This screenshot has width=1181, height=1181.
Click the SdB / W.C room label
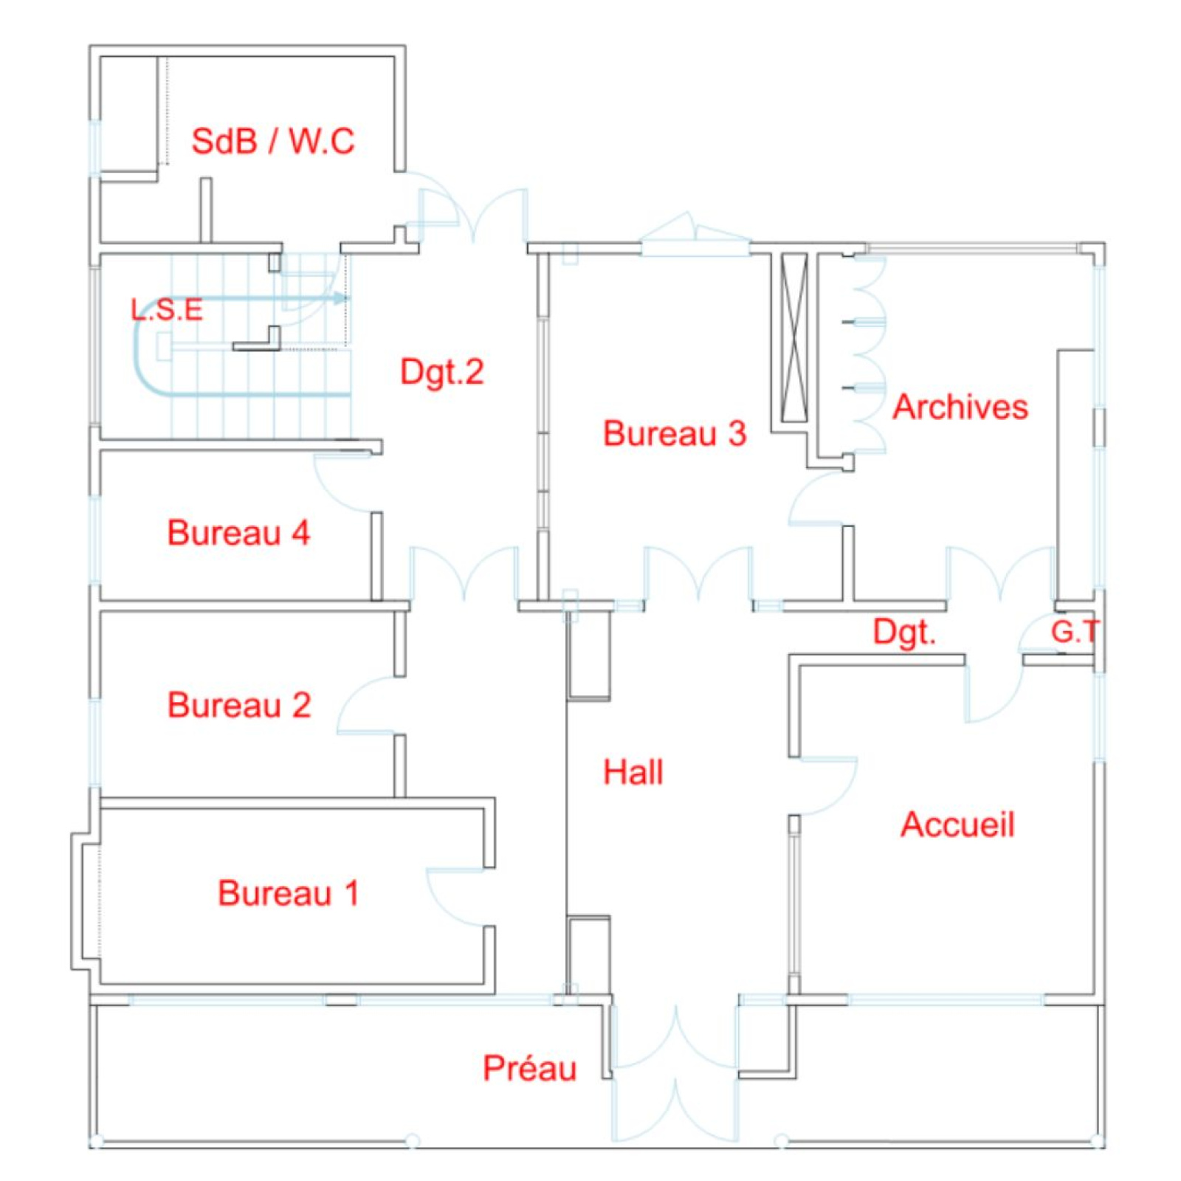272,141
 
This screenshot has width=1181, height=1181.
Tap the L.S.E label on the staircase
167,310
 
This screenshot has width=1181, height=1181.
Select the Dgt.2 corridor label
441,371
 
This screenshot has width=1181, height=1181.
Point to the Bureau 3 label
674,433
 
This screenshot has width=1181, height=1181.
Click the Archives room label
960,407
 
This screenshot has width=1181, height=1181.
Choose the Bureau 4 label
238,533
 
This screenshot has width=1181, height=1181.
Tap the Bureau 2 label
239,705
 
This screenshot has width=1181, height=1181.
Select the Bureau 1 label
288,893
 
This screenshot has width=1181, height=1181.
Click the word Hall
633,772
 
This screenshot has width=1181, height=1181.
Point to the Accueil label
957,824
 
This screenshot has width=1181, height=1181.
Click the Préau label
529,1068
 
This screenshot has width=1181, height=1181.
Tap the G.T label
1075,632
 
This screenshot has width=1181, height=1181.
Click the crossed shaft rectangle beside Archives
794,337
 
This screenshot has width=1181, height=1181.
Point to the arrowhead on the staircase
340,298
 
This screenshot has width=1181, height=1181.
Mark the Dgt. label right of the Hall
904,633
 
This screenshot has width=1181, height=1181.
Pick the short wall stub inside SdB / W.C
207,210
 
